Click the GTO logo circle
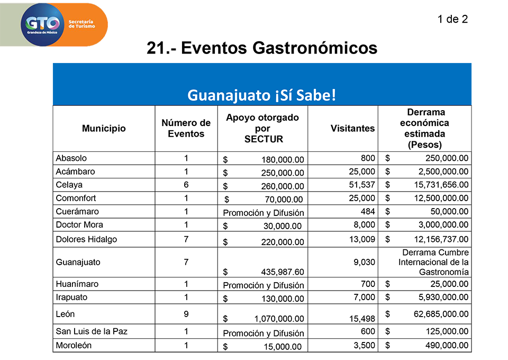click(x=42, y=25)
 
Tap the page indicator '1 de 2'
click(x=452, y=19)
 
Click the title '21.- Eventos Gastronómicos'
click(x=262, y=48)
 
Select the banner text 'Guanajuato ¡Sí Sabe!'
click(x=262, y=95)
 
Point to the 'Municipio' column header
click(x=104, y=128)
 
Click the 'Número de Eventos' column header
click(x=186, y=128)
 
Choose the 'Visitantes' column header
click(x=352, y=128)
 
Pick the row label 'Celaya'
click(x=69, y=185)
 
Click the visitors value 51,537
click(x=362, y=185)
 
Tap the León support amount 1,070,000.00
click(x=279, y=319)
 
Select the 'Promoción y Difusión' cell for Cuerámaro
click(x=264, y=213)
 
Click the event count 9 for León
click(x=186, y=314)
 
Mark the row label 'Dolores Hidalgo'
click(x=86, y=239)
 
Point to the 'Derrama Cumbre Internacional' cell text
click(x=433, y=262)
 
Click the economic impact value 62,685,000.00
click(x=441, y=314)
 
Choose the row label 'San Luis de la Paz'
click(x=92, y=331)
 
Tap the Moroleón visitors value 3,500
click(x=364, y=345)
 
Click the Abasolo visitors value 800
click(x=368, y=158)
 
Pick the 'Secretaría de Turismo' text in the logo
click(x=81, y=24)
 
